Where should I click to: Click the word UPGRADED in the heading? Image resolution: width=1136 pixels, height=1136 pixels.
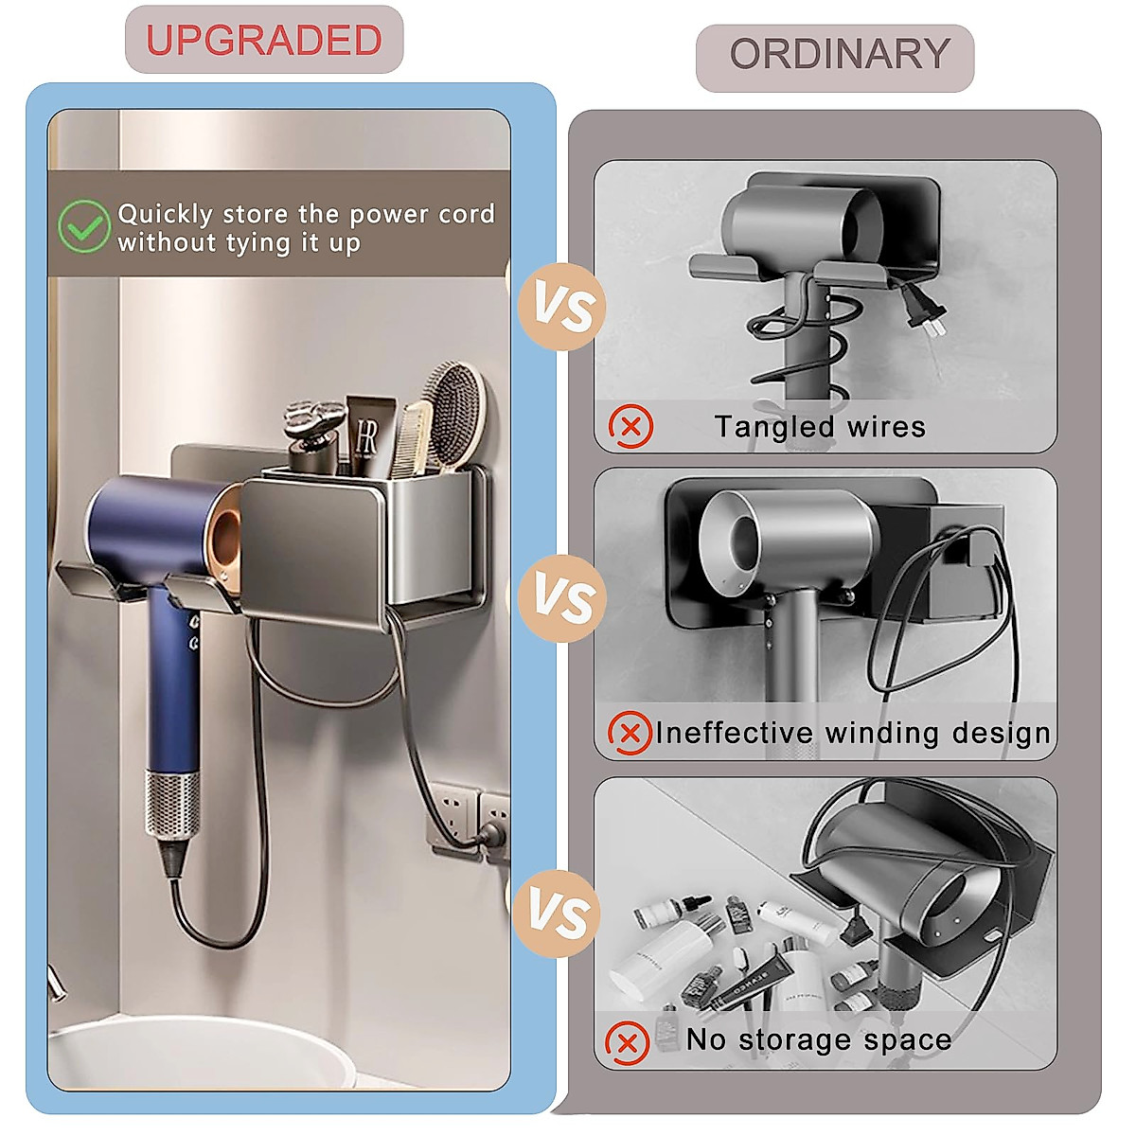(263, 40)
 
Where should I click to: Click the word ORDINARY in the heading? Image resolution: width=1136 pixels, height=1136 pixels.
(839, 54)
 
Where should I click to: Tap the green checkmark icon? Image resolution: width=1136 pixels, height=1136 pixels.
(83, 226)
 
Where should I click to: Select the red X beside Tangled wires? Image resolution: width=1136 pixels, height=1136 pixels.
(630, 426)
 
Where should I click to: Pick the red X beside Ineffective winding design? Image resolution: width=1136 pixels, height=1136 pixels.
(630, 733)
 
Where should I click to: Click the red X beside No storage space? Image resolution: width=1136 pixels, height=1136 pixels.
(627, 1043)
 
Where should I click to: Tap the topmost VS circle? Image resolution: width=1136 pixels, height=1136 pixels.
(562, 309)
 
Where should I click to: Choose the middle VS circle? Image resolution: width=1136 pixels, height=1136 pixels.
(562, 600)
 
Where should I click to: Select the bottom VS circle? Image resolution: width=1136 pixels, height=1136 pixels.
(559, 914)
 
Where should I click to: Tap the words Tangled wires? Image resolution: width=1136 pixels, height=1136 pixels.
(820, 427)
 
